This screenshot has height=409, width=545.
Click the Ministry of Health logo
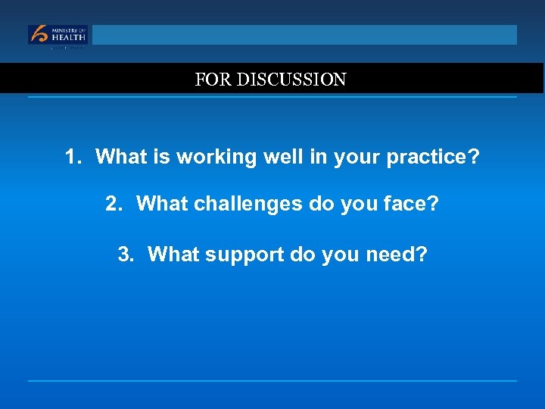point(58,35)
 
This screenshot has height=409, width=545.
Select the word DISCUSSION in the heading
point(291,80)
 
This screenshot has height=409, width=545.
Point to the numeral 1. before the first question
point(73,158)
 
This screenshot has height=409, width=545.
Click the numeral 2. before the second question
point(114,204)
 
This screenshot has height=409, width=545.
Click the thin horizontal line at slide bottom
point(272,380)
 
